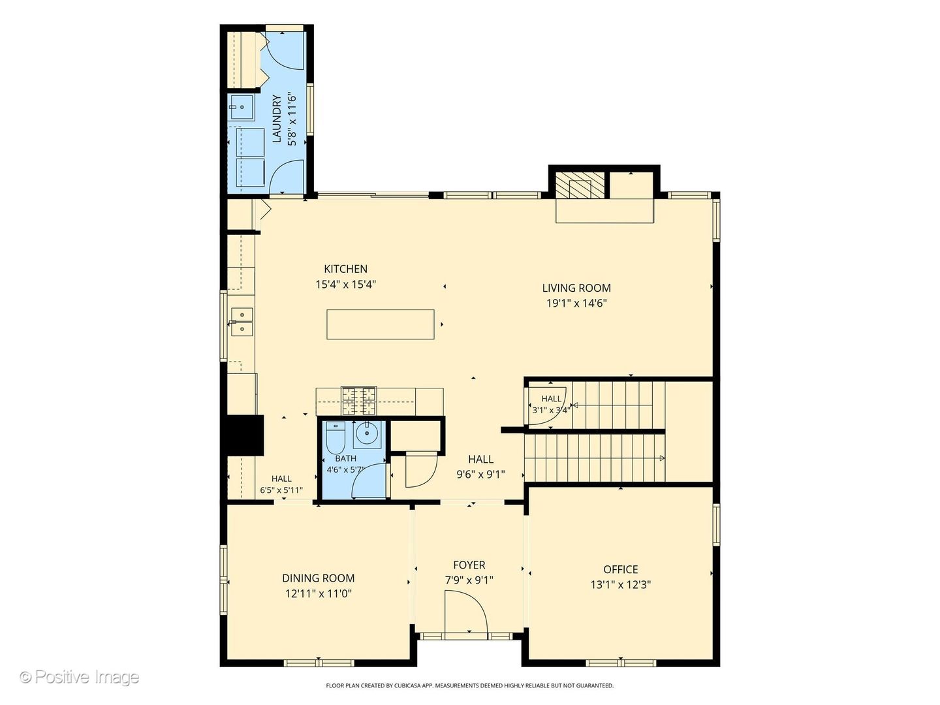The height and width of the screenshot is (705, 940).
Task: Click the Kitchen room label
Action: point(345,269)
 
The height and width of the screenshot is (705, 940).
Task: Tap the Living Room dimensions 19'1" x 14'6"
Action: point(576,303)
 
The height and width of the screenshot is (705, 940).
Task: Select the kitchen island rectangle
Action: point(381,324)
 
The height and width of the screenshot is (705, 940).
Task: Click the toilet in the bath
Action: point(336,437)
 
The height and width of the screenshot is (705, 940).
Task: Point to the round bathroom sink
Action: point(367,433)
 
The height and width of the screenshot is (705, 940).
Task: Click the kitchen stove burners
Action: point(359,401)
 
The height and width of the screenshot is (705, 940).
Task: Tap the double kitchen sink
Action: point(242,321)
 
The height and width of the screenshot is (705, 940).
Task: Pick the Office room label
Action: point(621,569)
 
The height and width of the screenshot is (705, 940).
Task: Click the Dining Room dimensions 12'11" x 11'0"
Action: point(318,594)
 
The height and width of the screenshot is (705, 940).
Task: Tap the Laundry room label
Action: point(277,119)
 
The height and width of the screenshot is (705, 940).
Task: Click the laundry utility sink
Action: point(242,107)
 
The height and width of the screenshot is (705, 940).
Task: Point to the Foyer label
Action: point(469,565)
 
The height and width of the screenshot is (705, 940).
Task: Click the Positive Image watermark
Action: point(80,677)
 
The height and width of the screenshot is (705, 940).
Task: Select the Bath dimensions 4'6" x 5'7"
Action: point(345,469)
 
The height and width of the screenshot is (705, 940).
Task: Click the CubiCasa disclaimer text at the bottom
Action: point(470,685)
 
